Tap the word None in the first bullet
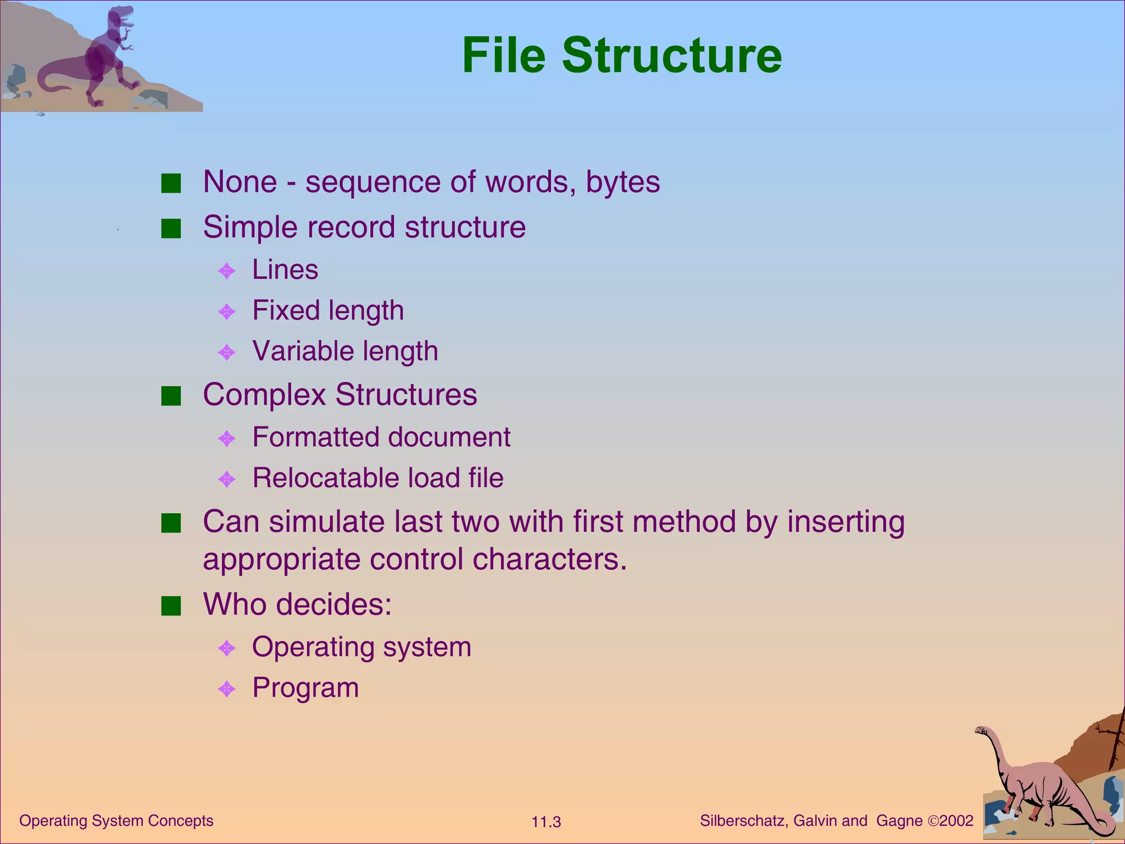(240, 182)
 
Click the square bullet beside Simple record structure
(171, 229)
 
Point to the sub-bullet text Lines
(285, 270)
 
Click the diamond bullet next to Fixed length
(227, 312)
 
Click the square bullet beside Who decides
(171, 606)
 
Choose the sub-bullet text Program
(305, 688)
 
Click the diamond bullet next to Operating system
(227, 648)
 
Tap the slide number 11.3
(546, 822)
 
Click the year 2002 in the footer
(956, 821)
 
